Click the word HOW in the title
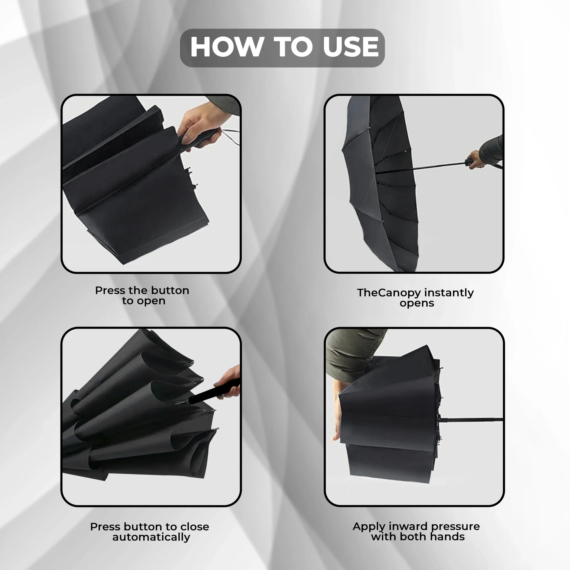(227, 47)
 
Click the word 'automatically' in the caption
(151, 537)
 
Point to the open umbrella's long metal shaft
(422, 168)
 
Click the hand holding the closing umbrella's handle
(229, 382)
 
